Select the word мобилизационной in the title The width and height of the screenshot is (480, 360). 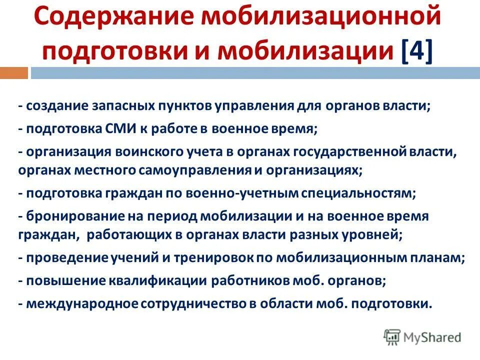tap(325, 19)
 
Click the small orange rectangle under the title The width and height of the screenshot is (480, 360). tap(13, 73)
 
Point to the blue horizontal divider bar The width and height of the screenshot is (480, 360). tap(254, 73)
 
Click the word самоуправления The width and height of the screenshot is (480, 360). tap(197, 170)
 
